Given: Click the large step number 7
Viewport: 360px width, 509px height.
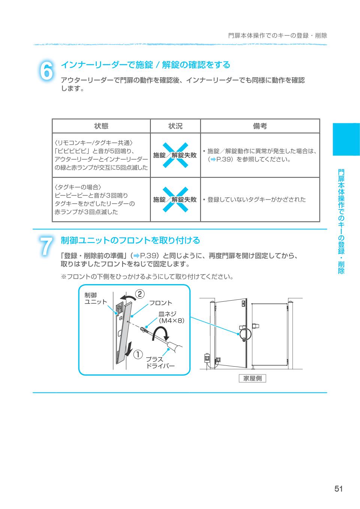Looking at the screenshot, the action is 46,246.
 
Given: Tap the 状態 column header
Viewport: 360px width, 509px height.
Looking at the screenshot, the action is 101,126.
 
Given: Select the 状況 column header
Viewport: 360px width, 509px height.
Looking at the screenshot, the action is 175,126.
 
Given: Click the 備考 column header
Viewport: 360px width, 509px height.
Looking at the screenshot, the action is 260,126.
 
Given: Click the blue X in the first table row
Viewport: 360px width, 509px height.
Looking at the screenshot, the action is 175,155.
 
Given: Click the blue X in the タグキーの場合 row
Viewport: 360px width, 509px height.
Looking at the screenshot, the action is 175,199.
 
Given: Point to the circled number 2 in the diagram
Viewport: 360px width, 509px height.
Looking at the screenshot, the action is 140,294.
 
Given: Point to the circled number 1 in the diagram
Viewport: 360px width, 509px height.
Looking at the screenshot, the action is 138,355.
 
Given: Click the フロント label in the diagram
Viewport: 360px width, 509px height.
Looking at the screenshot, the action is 160,303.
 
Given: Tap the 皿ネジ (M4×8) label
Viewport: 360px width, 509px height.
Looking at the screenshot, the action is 172,317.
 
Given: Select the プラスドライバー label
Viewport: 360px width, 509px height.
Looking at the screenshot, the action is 160,363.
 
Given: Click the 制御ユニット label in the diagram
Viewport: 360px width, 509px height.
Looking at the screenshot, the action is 96,299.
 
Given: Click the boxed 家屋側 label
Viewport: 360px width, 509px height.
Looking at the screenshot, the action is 252,378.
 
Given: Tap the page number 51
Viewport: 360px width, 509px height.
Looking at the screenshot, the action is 338,488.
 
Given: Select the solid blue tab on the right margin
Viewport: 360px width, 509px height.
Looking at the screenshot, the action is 346,139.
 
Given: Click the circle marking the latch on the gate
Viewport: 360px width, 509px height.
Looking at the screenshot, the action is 245,334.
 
